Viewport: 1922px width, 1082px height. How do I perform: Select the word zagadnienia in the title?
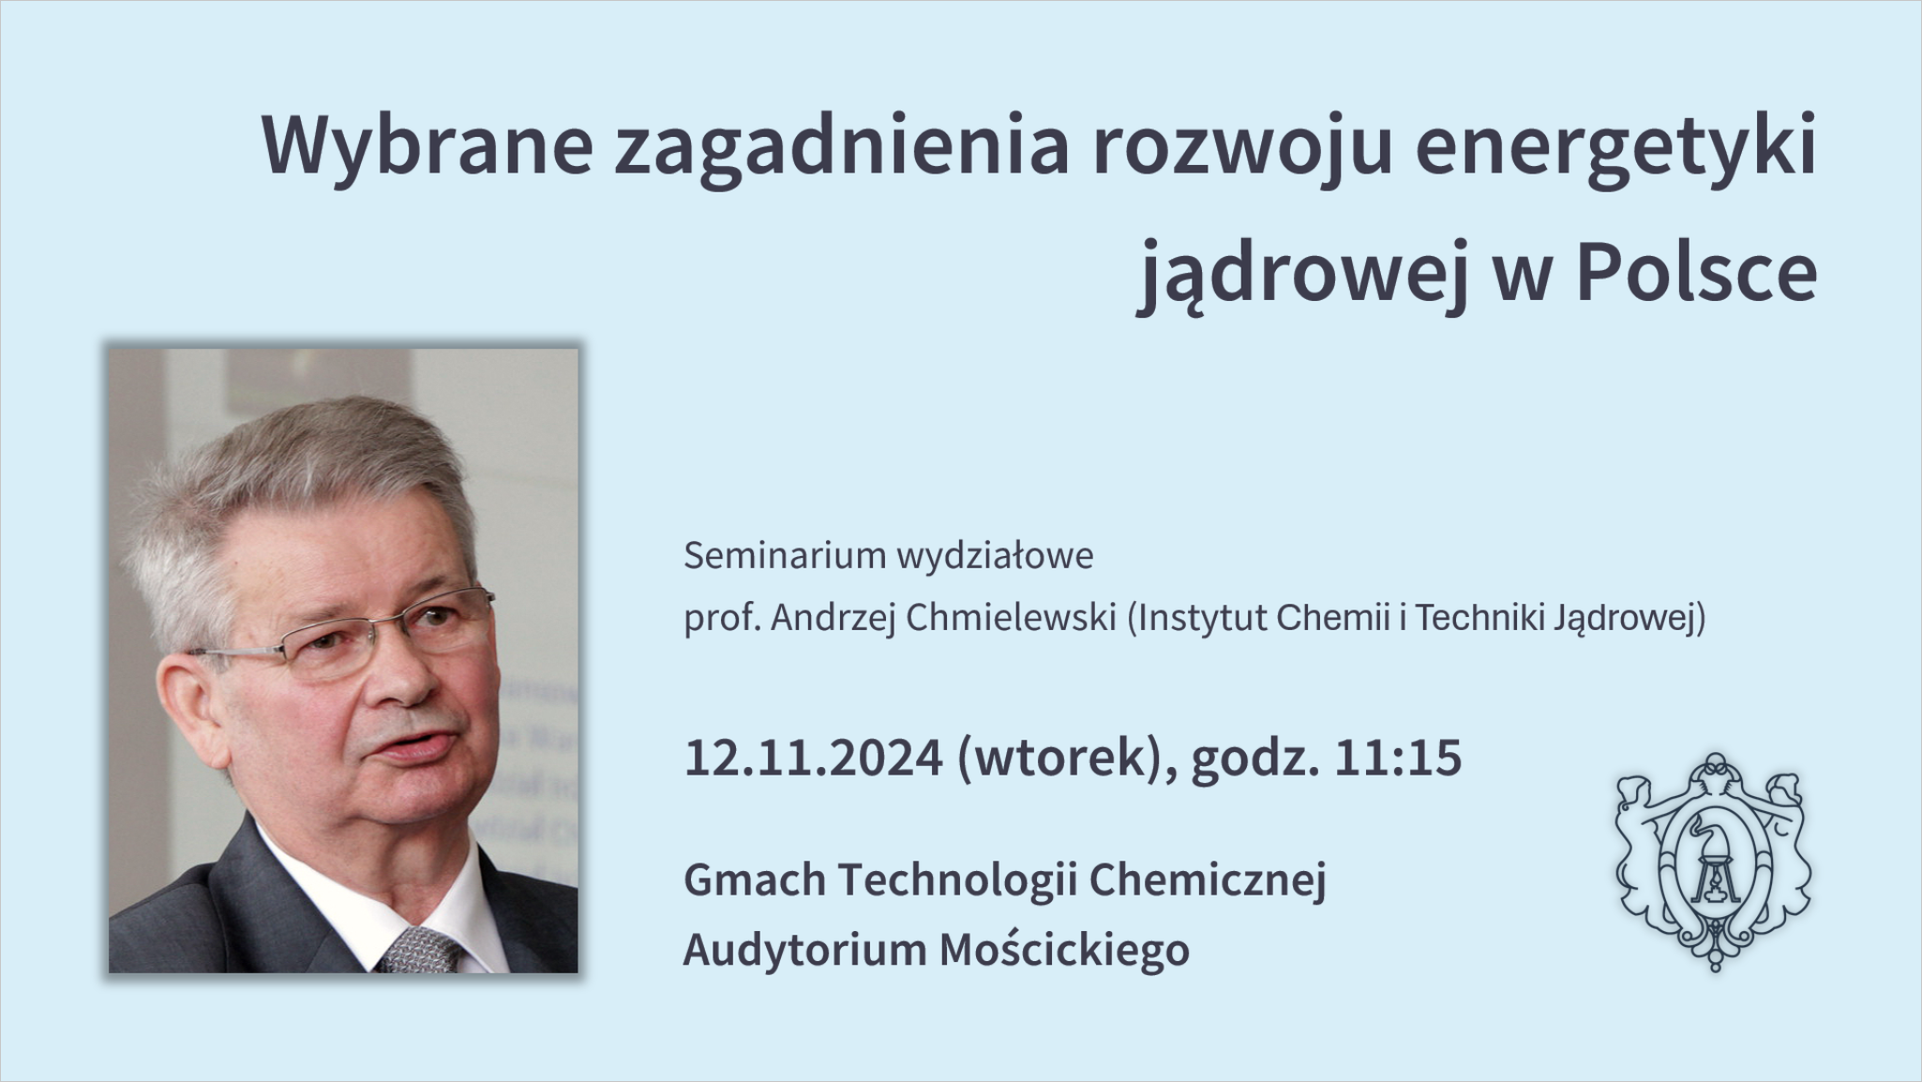842,147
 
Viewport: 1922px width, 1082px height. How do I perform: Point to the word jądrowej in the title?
1302,274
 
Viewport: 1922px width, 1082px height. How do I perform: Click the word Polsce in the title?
1697,274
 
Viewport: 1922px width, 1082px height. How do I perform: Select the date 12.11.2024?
813,758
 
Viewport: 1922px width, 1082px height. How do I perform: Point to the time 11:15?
1397,758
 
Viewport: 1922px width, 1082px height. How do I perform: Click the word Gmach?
755,879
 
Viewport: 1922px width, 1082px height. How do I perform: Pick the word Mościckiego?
1064,949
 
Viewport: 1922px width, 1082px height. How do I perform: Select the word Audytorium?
805,950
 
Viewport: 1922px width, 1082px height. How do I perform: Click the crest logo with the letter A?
1713,861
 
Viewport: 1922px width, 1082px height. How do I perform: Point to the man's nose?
402,674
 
